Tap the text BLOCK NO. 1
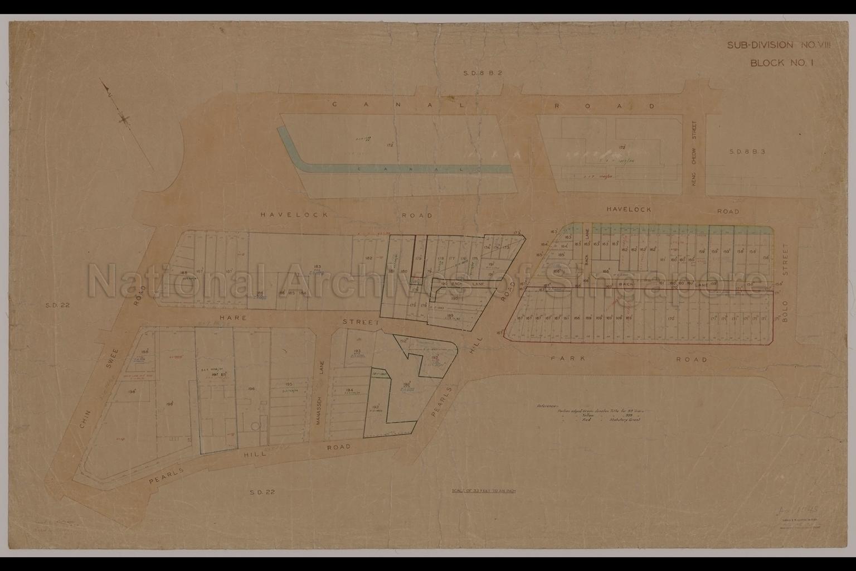tap(781, 62)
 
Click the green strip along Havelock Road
tap(680, 228)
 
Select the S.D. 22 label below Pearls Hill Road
tap(262, 491)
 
